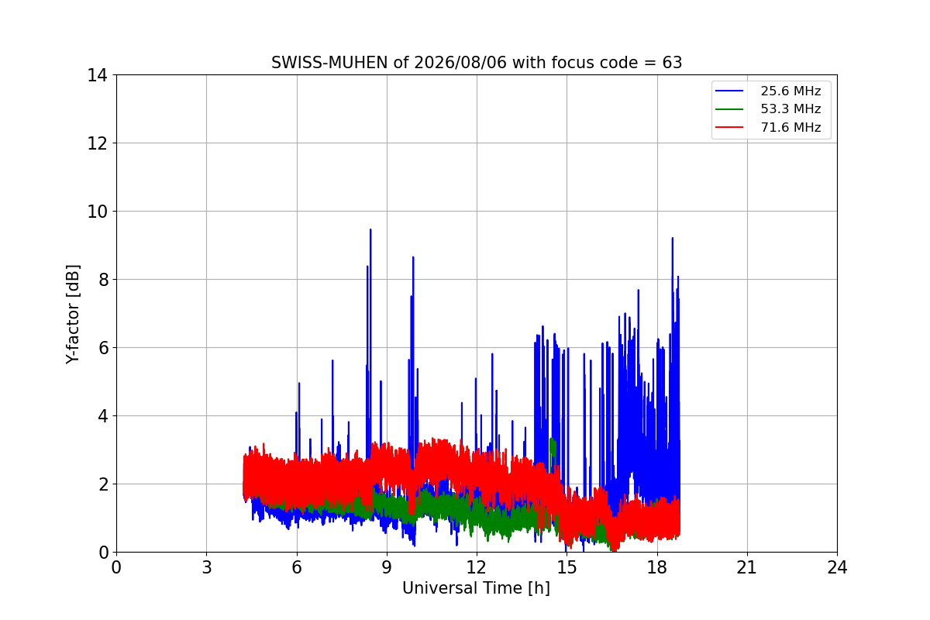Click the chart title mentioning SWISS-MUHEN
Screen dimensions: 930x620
click(477, 63)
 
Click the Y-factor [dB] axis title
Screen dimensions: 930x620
click(73, 315)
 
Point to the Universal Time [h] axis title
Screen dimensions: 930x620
click(476, 588)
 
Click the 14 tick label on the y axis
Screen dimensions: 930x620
click(97, 75)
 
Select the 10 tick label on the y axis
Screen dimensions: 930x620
click(97, 212)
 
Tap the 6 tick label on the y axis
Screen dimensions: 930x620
click(103, 348)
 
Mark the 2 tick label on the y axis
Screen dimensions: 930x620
click(103, 484)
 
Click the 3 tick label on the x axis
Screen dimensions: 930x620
click(207, 567)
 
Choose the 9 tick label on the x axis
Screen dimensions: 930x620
click(387, 567)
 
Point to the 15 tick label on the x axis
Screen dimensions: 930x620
click(567, 567)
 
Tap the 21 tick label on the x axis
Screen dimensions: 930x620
click(747, 567)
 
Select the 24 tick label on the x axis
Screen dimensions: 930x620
click(838, 567)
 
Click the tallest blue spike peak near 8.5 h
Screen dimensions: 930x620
click(370, 229)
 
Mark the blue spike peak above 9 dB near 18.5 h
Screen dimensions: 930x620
click(672, 238)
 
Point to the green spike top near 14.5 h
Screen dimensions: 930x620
click(552, 439)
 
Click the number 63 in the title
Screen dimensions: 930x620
click(672, 63)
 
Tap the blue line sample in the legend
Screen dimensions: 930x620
click(729, 91)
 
